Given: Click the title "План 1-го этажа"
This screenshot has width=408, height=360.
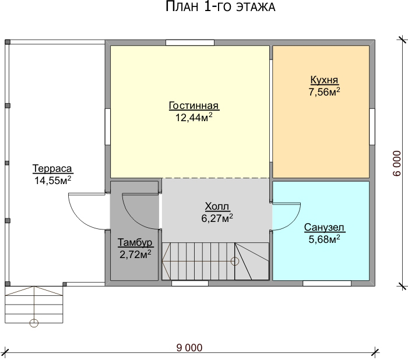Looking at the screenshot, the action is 220,6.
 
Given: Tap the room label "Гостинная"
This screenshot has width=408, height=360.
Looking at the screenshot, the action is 194,105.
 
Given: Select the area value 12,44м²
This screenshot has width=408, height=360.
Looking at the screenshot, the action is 194,117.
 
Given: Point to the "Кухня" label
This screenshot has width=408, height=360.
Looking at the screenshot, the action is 324,80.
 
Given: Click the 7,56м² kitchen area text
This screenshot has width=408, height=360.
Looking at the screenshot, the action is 324,91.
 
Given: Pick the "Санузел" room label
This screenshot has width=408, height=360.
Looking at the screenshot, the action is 324,227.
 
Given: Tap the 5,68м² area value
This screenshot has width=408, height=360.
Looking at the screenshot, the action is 324,239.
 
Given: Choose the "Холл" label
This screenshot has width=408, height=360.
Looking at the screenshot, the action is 217,206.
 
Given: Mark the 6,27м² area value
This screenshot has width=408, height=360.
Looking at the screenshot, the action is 217,218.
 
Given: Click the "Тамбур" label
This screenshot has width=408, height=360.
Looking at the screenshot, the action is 135,242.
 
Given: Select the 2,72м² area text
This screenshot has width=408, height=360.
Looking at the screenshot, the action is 135,254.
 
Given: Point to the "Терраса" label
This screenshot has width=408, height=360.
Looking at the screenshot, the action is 52,168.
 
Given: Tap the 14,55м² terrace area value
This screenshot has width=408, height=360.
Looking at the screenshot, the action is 53,180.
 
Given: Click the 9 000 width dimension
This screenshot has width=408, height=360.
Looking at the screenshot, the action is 189,348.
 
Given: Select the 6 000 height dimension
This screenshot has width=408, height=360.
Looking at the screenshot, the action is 397,163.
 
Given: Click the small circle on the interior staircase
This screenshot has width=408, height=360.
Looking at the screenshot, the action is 235,261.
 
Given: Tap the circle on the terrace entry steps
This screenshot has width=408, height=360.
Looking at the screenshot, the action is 34,323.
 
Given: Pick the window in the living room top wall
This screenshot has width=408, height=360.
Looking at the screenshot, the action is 190,43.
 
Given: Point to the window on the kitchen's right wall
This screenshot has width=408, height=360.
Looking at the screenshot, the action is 372,126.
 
